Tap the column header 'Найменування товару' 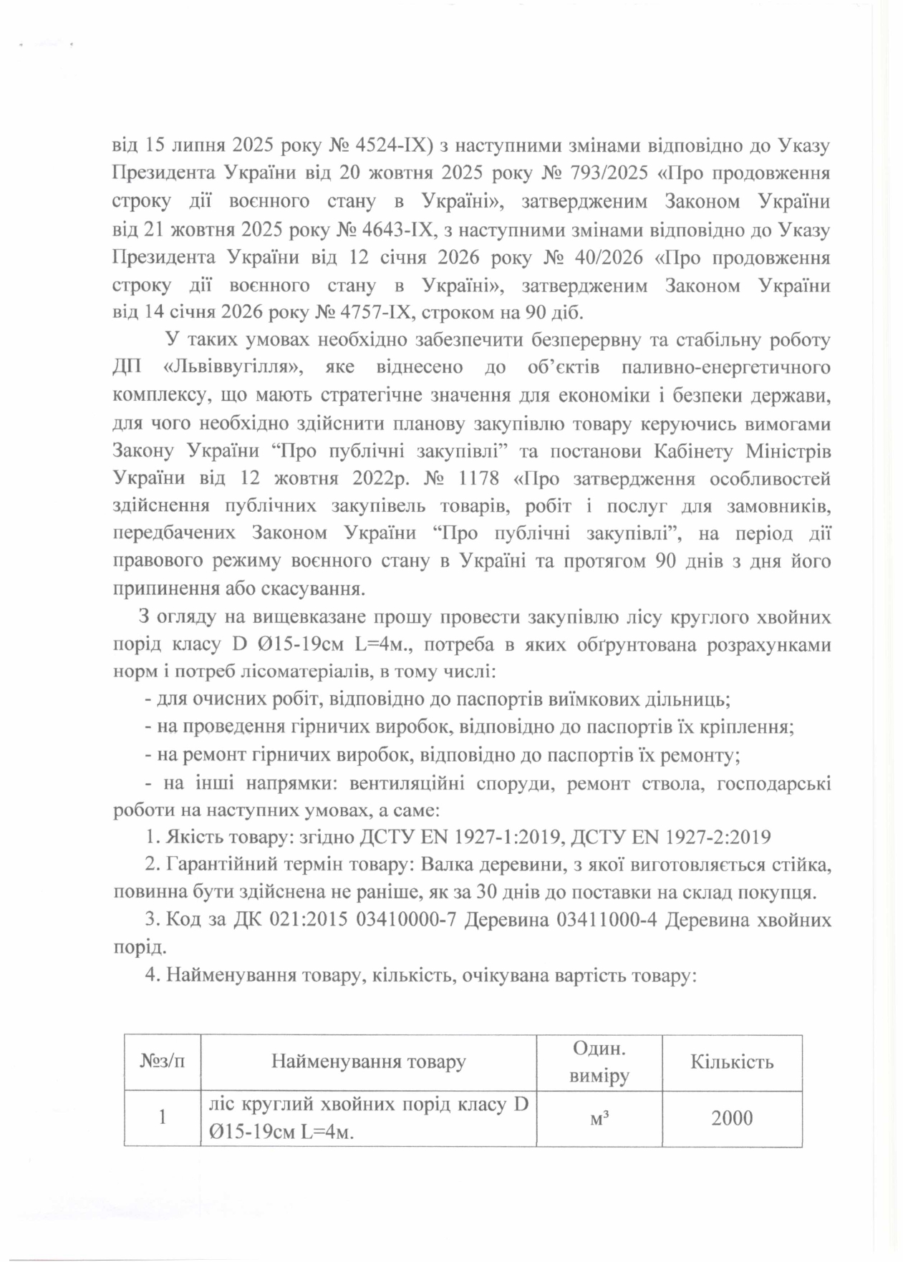coord(368,1062)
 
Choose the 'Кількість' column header coord(732,1062)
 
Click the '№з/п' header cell coord(162,1062)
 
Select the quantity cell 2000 coord(732,1117)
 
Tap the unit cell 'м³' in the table coord(599,1117)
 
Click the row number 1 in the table coord(163,1117)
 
